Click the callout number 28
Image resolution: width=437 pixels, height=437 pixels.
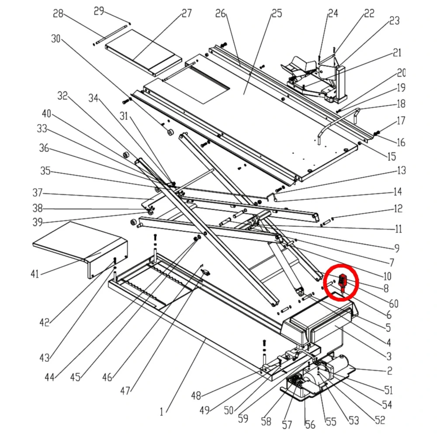tap(58, 14)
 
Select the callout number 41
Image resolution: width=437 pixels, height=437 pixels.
tap(35, 274)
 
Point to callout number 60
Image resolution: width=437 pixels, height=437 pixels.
tap(394, 304)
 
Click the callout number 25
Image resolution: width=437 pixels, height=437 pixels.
tap(277, 13)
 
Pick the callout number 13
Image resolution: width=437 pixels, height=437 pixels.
tap(401, 170)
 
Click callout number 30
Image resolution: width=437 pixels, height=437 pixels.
tap(55, 38)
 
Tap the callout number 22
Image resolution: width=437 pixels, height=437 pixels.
tap(369, 14)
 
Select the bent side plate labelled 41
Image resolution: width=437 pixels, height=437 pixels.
tap(83, 249)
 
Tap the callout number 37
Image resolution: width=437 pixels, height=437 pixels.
tap(38, 192)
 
